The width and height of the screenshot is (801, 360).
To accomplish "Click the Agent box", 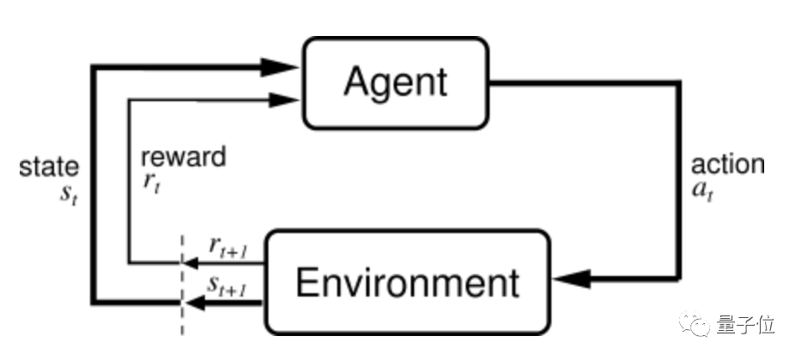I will point(394,81).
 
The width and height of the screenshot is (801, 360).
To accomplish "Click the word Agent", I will point(394,81).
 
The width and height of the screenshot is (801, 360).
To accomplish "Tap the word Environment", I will point(407,283).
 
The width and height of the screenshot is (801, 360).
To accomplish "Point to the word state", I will point(49,166).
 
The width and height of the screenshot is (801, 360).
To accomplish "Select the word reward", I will point(184,157).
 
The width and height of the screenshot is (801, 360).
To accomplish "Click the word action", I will point(727,165).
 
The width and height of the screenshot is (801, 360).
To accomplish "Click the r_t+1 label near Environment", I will point(228,246).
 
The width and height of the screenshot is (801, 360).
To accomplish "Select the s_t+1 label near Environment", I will point(228,285).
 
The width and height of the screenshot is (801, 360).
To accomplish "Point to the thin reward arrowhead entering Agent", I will point(282,99).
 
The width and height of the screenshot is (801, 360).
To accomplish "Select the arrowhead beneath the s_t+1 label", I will point(197,303).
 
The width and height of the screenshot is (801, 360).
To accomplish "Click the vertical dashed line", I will point(182,283).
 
